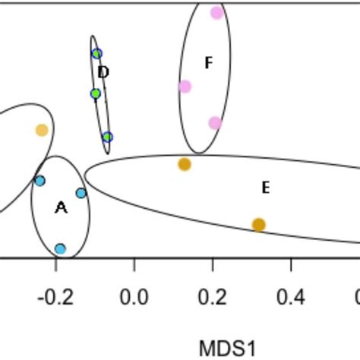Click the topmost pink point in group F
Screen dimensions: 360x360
tap(216, 12)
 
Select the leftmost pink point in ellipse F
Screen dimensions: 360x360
tap(185, 87)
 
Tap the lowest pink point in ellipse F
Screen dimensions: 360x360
tap(215, 123)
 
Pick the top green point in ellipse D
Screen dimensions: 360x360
tap(96, 54)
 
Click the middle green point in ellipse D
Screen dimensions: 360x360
tap(96, 93)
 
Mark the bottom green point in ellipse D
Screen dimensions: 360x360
tap(108, 137)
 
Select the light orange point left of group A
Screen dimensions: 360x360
tap(42, 130)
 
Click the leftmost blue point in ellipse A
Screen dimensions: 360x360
tap(39, 181)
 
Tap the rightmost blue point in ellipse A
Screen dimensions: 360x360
tap(81, 193)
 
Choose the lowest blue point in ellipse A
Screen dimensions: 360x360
tap(60, 248)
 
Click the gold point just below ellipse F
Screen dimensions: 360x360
tap(185, 164)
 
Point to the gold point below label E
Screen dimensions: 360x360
tap(258, 225)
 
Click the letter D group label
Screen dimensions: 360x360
tap(104, 73)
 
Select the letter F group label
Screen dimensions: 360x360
tap(208, 63)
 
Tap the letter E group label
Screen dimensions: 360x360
tap(265, 188)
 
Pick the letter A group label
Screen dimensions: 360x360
tap(61, 207)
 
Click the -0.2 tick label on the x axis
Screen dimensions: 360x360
tap(55, 295)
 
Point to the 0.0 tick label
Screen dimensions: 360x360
tap(134, 295)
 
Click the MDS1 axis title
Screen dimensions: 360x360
tap(226, 349)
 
